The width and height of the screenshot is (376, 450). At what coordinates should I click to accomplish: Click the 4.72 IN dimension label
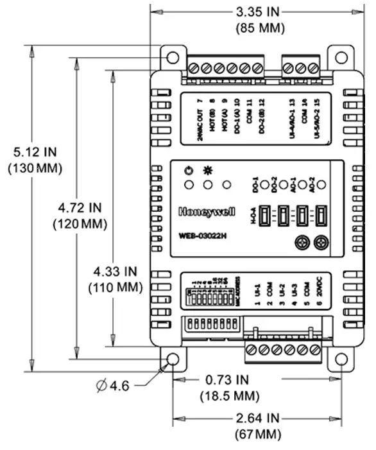80,208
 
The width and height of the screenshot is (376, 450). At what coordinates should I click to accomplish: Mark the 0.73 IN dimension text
229,380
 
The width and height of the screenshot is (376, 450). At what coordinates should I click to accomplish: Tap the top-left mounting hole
172,57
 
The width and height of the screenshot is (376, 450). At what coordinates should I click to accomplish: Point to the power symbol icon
188,171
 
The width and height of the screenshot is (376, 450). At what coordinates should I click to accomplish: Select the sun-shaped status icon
208,171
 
